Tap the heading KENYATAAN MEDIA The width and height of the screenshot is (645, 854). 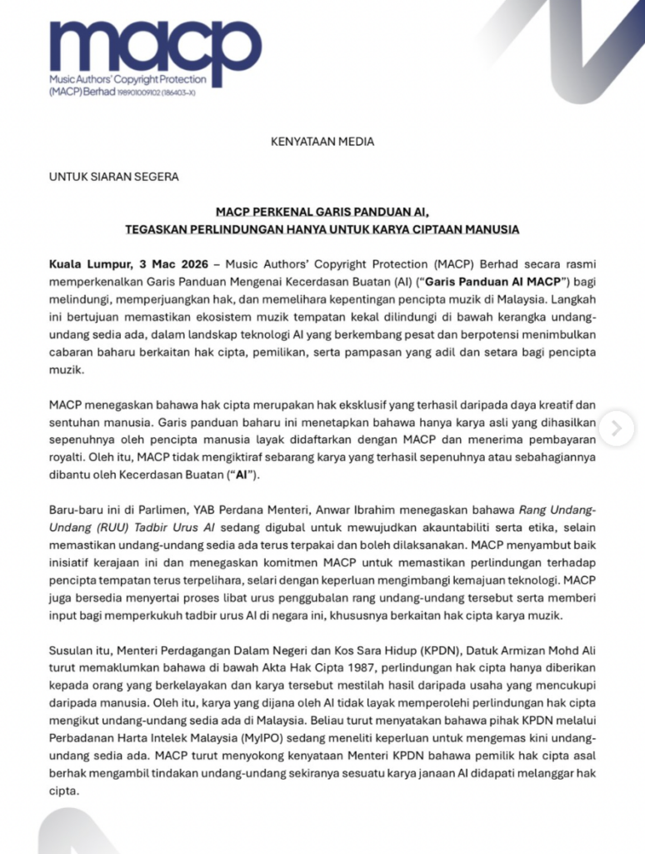click(322, 141)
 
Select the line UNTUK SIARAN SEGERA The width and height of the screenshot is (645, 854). click(113, 177)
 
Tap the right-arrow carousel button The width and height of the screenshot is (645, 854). click(616, 429)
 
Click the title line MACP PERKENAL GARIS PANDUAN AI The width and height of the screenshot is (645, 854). click(322, 212)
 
